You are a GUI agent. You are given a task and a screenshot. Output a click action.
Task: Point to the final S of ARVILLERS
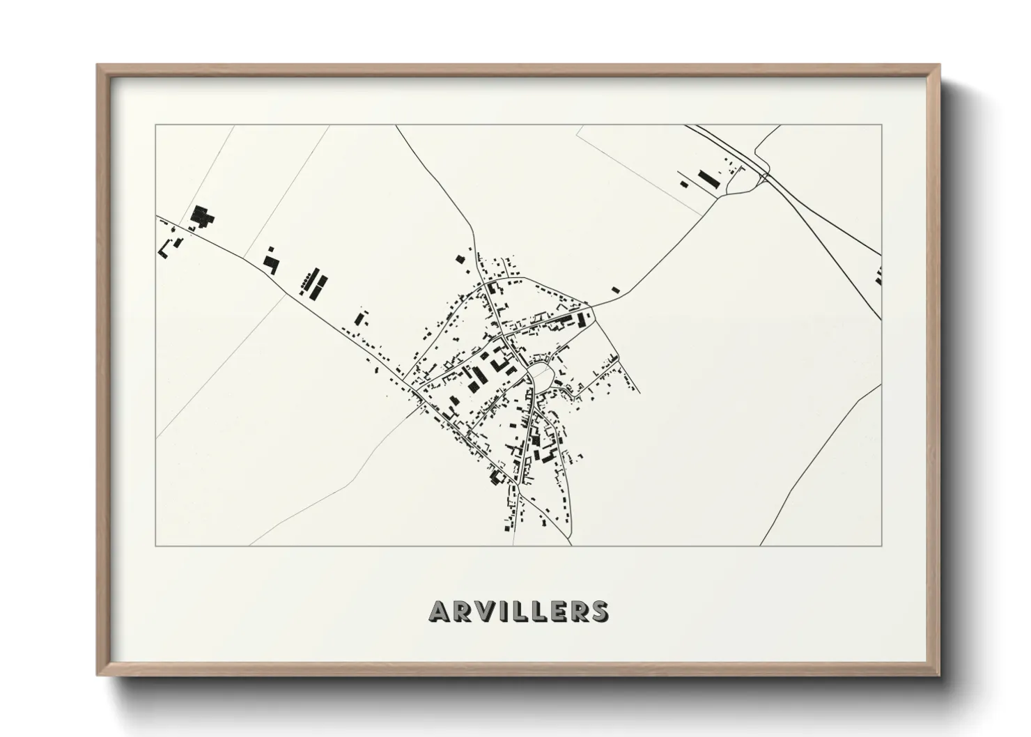pyautogui.click(x=598, y=611)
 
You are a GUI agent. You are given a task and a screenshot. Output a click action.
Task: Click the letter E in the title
pyautogui.click(x=555, y=611)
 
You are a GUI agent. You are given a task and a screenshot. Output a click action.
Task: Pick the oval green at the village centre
pyautogui.click(x=542, y=376)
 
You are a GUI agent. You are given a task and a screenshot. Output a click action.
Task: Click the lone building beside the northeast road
pyautogui.click(x=615, y=289)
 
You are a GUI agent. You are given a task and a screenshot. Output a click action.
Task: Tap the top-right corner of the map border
pyautogui.click(x=882, y=125)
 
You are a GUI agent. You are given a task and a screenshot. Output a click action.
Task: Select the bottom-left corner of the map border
pyautogui.click(x=155, y=546)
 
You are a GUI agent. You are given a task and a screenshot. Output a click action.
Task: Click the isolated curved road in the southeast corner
pyautogui.click(x=822, y=460)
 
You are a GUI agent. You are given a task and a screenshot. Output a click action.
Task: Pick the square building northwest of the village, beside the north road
pyautogui.click(x=460, y=259)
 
